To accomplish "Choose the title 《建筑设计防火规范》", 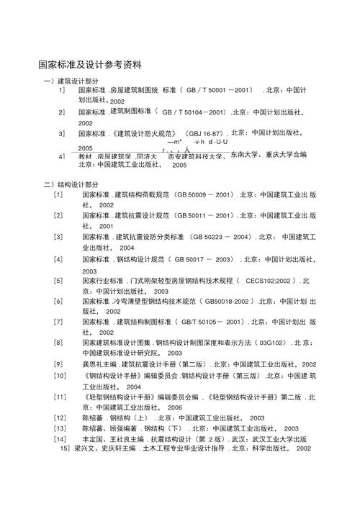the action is pyautogui.click(x=145, y=134).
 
